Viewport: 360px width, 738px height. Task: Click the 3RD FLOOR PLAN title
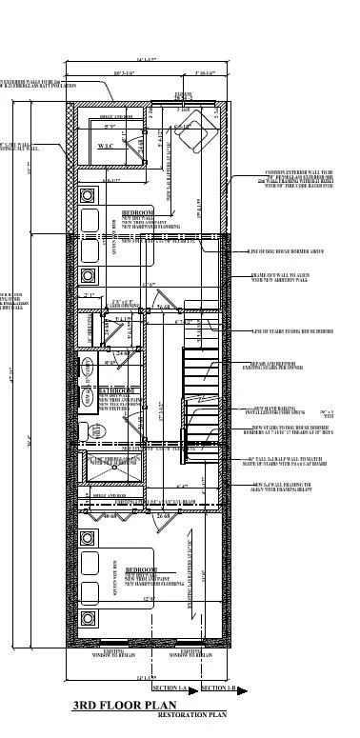coord(126,706)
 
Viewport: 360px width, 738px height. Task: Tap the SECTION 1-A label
coord(174,688)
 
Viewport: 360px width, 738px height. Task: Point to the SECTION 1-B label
coord(219,688)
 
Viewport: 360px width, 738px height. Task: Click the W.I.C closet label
coord(107,147)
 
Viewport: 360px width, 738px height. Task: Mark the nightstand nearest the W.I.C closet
coord(88,194)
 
